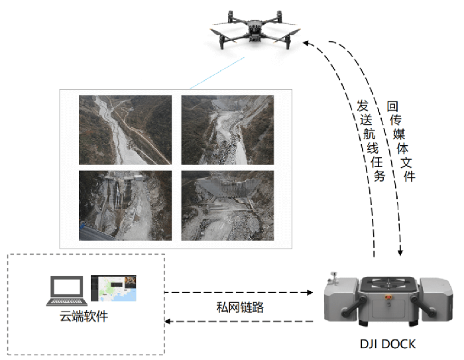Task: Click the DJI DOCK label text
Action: (x=387, y=344)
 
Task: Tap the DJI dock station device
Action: (x=388, y=301)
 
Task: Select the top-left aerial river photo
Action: (x=125, y=130)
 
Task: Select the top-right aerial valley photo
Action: (x=227, y=130)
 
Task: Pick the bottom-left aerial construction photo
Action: (x=125, y=206)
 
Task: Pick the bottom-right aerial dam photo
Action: (x=227, y=206)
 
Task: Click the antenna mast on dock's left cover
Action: (x=336, y=275)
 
